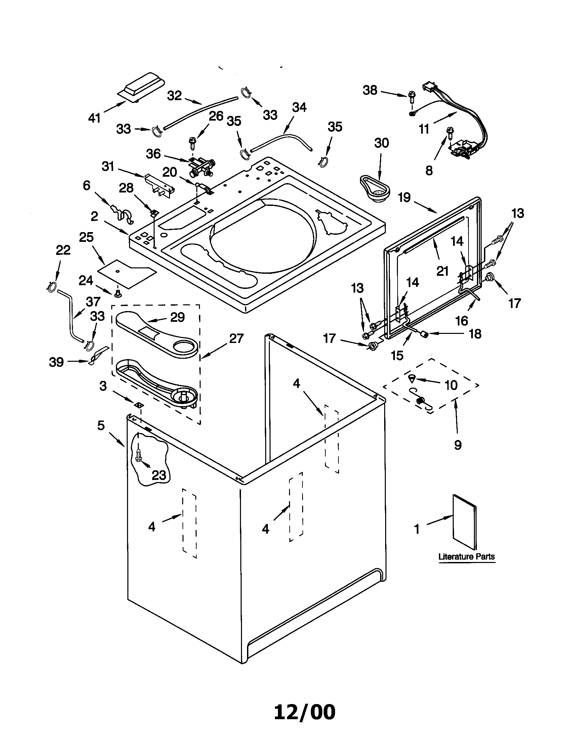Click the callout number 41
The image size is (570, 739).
click(x=94, y=118)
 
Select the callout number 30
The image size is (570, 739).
click(x=381, y=143)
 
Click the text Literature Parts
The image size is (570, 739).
click(x=466, y=556)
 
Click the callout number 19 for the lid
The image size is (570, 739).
click(x=404, y=197)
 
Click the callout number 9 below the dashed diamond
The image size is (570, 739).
click(x=458, y=445)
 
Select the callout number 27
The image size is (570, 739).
click(x=236, y=338)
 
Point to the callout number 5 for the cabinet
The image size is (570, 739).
click(x=101, y=425)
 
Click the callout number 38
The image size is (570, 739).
click(x=370, y=90)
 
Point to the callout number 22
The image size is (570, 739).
click(x=63, y=250)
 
